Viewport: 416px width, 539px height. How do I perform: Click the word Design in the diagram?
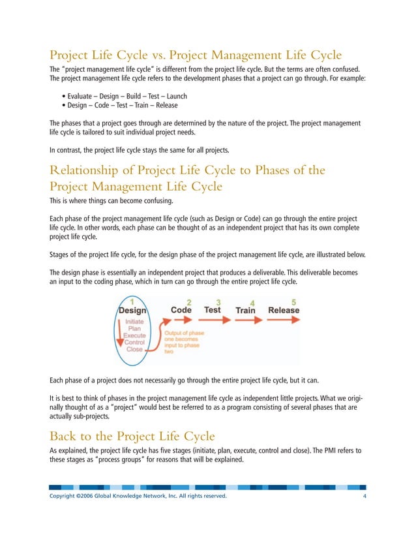click(x=132, y=311)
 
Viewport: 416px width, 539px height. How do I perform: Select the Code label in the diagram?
click(x=181, y=310)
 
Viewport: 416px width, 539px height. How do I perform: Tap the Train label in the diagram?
click(x=245, y=311)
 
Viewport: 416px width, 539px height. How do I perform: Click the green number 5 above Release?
click(x=293, y=302)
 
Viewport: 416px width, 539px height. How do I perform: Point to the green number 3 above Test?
click(x=218, y=302)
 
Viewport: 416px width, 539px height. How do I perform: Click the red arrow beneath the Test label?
click(x=213, y=321)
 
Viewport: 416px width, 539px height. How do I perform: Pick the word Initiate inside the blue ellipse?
click(x=135, y=322)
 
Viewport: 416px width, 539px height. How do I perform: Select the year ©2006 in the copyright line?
click(x=86, y=497)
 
